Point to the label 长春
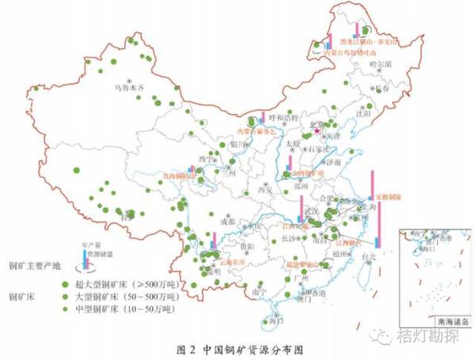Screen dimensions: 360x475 point(382,89)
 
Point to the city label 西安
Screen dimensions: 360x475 point(263,190)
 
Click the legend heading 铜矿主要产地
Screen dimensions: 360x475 point(31,267)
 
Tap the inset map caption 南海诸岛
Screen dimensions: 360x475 point(443,322)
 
